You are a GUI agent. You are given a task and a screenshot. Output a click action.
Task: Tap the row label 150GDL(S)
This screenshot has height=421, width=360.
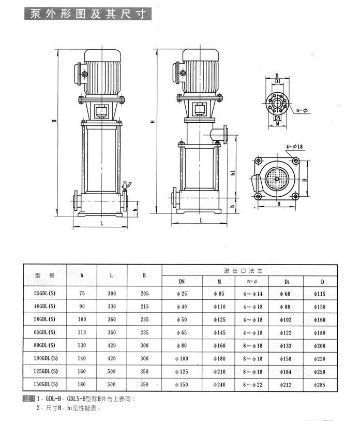tap(44, 384)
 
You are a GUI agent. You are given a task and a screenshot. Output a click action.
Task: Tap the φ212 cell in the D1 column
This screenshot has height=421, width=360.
tap(286, 384)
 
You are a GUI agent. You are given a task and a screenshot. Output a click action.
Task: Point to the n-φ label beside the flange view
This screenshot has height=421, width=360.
tap(302, 110)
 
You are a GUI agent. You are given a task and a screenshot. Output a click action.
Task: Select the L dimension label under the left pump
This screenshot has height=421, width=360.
tap(101, 224)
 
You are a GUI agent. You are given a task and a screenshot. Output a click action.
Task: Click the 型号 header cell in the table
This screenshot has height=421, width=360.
tap(44, 275)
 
